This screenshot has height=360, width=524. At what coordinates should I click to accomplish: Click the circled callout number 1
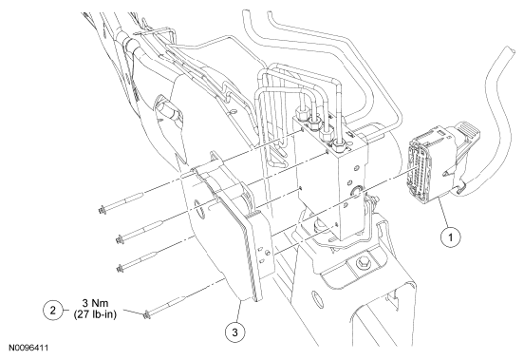click(x=450, y=237)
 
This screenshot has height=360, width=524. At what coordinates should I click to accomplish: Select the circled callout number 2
click(x=53, y=310)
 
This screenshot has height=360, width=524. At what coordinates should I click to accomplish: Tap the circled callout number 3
click(x=234, y=332)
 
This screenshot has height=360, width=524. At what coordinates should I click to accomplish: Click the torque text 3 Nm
click(x=95, y=303)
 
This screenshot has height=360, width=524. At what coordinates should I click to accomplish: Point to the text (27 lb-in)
click(x=95, y=314)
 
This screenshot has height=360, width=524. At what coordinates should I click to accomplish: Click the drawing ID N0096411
click(x=28, y=348)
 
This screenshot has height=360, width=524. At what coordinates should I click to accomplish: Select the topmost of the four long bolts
click(x=122, y=202)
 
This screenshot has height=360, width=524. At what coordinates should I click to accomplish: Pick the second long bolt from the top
click(x=140, y=232)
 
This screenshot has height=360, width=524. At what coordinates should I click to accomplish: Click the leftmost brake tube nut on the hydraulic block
click(x=302, y=115)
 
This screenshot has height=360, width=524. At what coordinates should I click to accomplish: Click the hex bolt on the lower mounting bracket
click(x=364, y=262)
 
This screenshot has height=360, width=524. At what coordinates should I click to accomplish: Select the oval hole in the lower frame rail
click(x=315, y=299)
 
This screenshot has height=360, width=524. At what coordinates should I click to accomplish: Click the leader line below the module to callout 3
click(x=239, y=312)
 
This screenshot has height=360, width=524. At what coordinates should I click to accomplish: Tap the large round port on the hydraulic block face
click(x=357, y=191)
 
